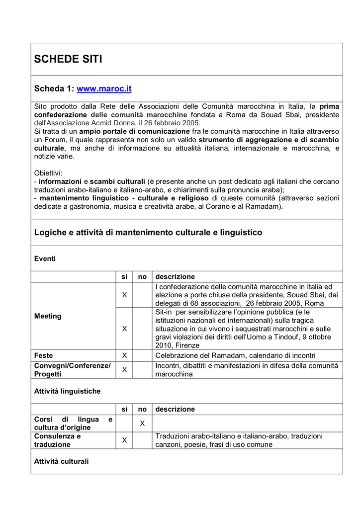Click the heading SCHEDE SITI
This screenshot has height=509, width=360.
68,59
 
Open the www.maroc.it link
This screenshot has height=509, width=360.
103,89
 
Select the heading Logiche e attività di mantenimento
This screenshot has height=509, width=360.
148,233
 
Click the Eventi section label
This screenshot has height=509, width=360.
45,258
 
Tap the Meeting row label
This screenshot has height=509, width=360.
48,316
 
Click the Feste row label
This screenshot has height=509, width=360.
44,355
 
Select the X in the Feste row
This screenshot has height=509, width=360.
124,355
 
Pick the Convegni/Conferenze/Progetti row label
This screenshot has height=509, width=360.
72,370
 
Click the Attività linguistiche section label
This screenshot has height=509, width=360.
67,391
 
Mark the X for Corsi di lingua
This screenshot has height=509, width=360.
142,423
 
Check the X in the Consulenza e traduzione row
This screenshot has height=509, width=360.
124,440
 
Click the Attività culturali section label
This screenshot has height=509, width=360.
61,461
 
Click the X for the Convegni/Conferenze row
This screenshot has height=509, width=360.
124,370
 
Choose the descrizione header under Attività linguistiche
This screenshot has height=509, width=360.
175,409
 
